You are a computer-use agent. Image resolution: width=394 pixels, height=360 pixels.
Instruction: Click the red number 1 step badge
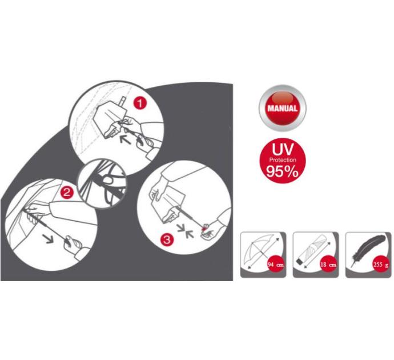click(140, 103)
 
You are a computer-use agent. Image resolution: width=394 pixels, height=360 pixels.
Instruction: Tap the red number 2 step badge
click(67, 193)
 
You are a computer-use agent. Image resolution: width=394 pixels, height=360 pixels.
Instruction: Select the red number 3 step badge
click(167, 239)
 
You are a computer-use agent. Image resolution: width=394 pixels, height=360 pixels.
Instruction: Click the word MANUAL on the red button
click(282, 109)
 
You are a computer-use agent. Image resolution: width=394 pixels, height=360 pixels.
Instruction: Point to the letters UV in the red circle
click(283, 150)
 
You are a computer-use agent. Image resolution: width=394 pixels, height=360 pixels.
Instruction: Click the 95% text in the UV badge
click(282, 171)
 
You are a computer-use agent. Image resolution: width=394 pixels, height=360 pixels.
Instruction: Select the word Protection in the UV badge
click(283, 160)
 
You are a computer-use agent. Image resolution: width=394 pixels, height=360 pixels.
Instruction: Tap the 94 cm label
click(276, 265)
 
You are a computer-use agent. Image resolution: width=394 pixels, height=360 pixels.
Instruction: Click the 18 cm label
click(328, 265)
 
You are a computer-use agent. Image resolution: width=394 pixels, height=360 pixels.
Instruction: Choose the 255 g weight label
click(381, 265)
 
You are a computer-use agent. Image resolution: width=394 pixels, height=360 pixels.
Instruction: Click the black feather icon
click(368, 250)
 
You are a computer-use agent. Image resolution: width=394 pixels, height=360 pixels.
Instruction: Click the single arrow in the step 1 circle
click(126, 139)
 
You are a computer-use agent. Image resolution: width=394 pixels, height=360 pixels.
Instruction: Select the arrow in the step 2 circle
click(48, 239)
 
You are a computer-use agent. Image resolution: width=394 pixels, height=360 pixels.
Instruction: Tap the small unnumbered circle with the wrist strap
click(102, 183)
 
